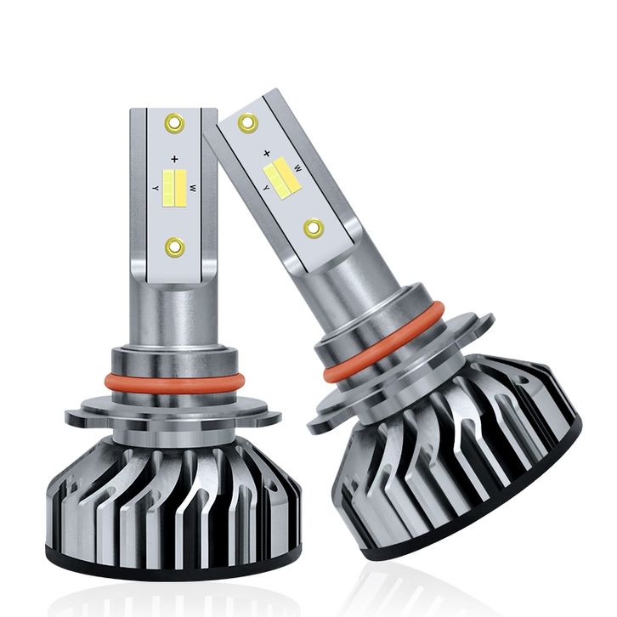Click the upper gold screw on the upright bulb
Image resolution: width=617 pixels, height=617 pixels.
pos(175,123)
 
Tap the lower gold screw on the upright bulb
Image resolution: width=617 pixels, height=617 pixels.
pos(175,247)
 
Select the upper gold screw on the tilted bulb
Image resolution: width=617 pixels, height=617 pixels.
pos(248,122)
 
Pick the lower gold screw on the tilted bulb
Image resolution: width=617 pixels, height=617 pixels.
pos(314,228)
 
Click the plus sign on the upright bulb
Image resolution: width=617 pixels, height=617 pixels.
pos(175,160)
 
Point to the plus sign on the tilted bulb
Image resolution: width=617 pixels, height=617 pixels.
pos(267,153)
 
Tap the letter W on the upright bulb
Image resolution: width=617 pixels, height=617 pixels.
pos(193,189)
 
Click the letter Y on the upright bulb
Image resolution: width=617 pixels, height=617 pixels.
pos(156,189)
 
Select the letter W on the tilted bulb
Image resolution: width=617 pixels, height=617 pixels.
pos(297,169)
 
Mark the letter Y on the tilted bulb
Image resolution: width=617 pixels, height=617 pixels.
pos(266,189)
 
